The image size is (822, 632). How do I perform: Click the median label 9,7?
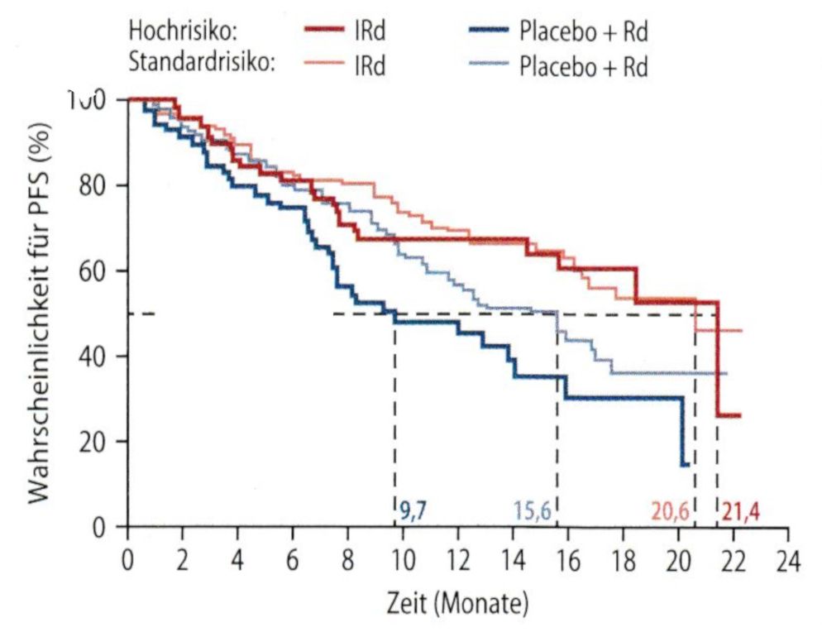point(414,510)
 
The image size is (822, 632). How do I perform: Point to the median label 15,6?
point(531,510)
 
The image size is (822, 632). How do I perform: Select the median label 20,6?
point(670,510)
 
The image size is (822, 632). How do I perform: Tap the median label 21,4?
point(740,510)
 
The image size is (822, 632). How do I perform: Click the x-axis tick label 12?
point(457,560)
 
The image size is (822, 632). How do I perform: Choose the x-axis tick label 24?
point(787,560)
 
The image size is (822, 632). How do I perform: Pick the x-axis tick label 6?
point(293,560)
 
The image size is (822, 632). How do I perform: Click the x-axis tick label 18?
point(622,560)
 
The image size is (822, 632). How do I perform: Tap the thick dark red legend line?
point(325,31)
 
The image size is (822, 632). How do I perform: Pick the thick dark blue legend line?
point(487,31)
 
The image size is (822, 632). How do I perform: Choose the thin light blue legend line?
point(487,65)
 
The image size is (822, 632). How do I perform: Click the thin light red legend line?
point(325,65)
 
